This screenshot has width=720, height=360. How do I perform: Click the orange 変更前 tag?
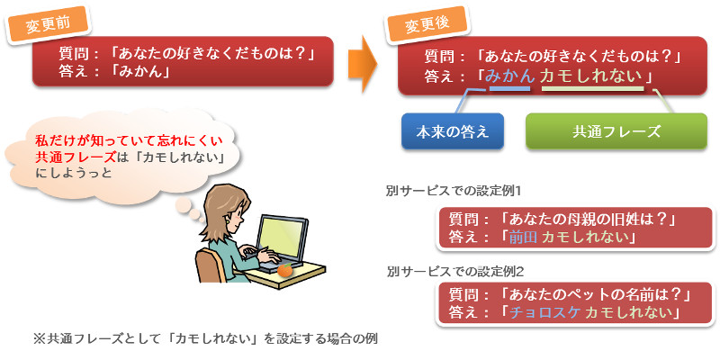click(48, 24)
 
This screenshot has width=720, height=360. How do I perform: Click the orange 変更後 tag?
click(427, 24)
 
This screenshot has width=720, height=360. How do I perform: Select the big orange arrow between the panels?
click(363, 63)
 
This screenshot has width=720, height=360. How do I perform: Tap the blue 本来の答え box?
click(453, 131)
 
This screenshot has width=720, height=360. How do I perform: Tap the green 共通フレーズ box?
click(616, 131)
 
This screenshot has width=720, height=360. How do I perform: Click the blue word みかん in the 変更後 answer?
click(509, 76)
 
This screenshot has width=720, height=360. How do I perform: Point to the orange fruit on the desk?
click(284, 270)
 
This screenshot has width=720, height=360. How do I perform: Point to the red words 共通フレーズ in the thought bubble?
click(76, 157)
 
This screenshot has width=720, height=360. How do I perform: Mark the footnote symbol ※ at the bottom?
click(38, 339)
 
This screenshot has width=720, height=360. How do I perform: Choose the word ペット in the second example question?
click(579, 293)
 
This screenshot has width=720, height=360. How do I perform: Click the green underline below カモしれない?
click(593, 88)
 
